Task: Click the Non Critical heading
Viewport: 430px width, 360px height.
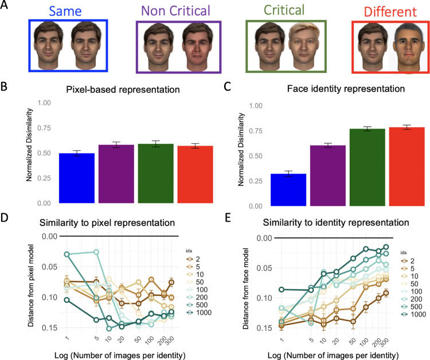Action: point(178,10)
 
